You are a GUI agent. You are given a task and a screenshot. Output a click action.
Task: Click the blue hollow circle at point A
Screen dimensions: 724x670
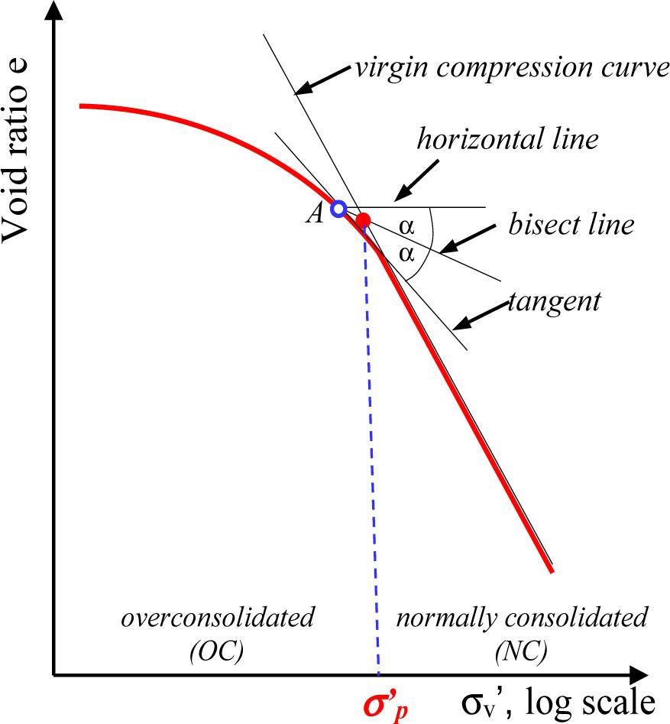pyautogui.click(x=338, y=208)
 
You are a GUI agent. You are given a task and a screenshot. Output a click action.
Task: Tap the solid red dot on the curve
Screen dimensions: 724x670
pyautogui.click(x=364, y=220)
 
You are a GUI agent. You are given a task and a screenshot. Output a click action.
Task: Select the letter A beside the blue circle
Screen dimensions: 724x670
pyautogui.click(x=315, y=214)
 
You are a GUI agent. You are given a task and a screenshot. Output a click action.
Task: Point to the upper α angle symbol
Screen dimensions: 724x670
pyautogui.click(x=406, y=227)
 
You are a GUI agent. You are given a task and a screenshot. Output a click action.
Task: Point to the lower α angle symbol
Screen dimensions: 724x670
pyautogui.click(x=406, y=251)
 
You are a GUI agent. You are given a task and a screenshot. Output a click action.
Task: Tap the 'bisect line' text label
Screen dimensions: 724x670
pyautogui.click(x=571, y=225)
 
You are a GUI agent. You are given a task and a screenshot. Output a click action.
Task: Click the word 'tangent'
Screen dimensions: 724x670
pyautogui.click(x=555, y=301)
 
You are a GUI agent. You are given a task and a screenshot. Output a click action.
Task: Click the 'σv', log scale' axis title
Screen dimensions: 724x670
pyautogui.click(x=558, y=700)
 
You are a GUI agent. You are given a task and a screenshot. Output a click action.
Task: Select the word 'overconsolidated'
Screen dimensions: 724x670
pyautogui.click(x=218, y=617)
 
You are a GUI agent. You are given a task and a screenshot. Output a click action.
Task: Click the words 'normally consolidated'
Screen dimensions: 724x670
pyautogui.click(x=521, y=617)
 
